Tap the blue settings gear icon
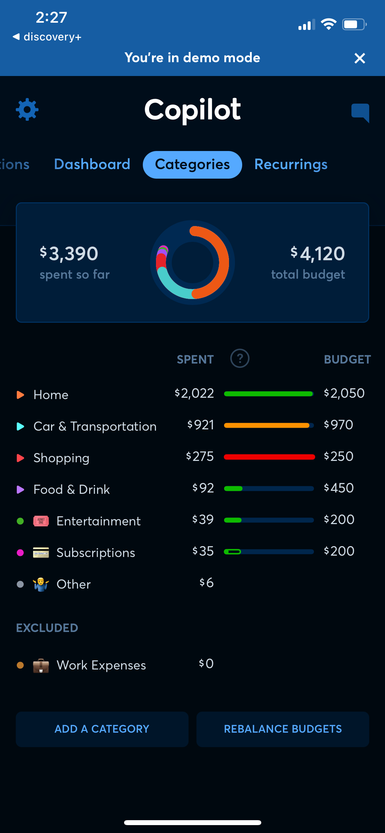tap(27, 110)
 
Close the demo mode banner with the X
tap(360, 58)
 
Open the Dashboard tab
tap(92, 164)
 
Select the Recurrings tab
tap(291, 164)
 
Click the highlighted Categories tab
tap(192, 164)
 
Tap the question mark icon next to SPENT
tap(240, 358)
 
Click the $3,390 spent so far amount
tap(69, 254)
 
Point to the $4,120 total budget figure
tap(318, 254)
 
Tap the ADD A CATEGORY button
tap(102, 729)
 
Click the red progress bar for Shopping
tap(269, 457)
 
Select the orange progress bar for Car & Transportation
tap(267, 425)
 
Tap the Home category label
tap(51, 395)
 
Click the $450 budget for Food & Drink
tap(339, 488)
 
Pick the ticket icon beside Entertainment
tap(41, 521)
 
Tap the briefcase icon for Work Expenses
tap(41, 666)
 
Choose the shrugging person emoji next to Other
tap(41, 584)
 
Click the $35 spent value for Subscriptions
tap(203, 551)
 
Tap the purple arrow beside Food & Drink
tap(20, 490)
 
